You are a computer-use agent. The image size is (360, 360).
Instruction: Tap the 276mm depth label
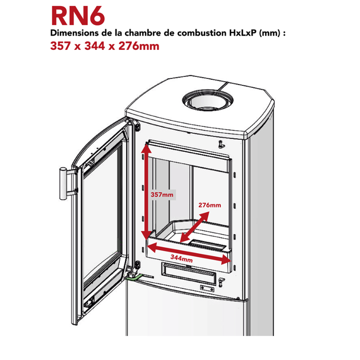point(210,205)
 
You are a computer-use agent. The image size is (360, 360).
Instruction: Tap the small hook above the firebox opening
point(220,144)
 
